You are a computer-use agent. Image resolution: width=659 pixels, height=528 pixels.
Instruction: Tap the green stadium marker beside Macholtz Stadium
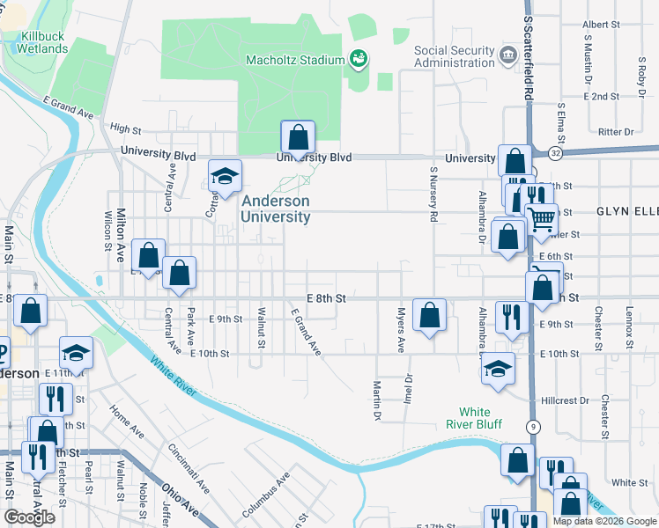click(x=359, y=60)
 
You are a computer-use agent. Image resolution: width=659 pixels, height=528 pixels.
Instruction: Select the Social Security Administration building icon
click(x=507, y=55)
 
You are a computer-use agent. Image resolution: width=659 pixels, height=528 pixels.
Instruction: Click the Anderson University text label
click(x=276, y=209)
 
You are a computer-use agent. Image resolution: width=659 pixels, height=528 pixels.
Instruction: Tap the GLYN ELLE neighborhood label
click(x=626, y=212)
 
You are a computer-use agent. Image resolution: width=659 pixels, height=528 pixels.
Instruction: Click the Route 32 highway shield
click(x=554, y=152)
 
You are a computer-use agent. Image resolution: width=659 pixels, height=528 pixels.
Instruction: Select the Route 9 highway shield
click(x=533, y=427)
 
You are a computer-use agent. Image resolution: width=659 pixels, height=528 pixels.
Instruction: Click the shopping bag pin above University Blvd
click(x=298, y=138)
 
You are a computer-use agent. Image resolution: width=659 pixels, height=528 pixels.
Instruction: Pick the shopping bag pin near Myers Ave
click(x=429, y=315)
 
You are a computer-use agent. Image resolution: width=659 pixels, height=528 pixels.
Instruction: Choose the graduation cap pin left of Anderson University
click(x=225, y=176)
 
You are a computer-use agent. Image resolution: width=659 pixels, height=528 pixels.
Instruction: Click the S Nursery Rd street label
click(x=433, y=194)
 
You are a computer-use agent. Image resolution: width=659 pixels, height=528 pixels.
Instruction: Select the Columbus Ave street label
click(x=265, y=495)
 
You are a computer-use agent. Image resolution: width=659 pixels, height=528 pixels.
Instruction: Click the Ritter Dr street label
click(x=616, y=132)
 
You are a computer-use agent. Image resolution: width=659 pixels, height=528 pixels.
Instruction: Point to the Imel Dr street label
click(x=408, y=391)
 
